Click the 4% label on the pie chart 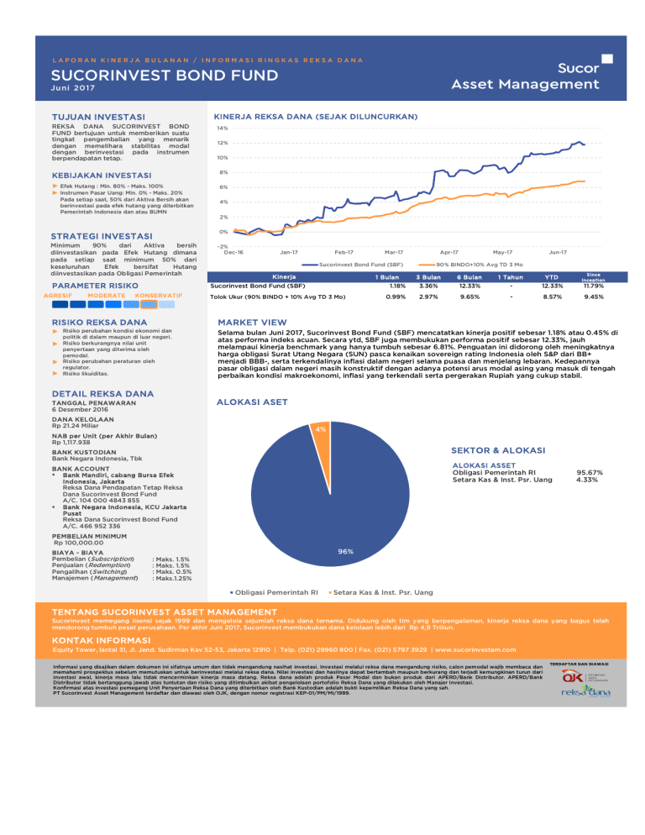(x=320, y=429)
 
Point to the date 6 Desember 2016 (x=87, y=409)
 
